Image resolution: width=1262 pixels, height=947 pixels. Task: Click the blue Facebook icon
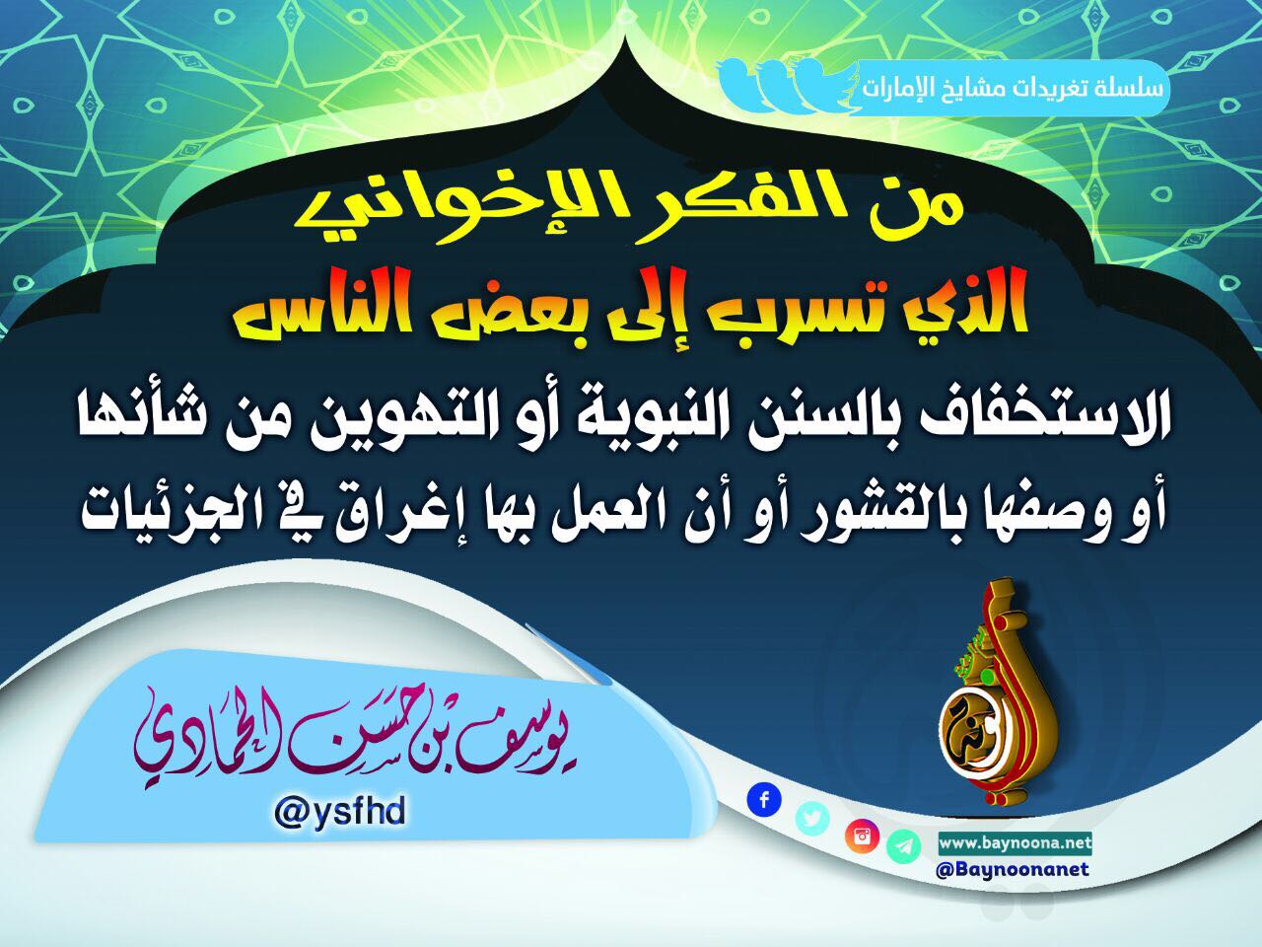(x=764, y=800)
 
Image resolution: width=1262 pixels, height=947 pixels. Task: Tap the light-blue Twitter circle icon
(x=812, y=818)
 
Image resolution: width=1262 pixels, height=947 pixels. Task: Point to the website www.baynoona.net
(x=1016, y=844)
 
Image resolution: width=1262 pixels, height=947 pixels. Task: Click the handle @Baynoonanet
(x=1013, y=869)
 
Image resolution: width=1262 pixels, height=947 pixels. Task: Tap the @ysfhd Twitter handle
(x=340, y=813)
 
